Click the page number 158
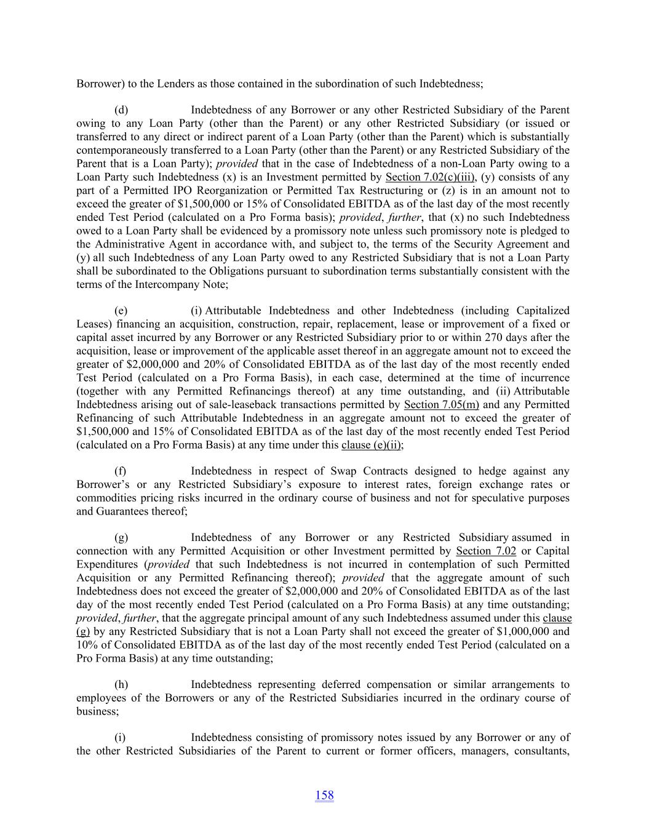point(324,795)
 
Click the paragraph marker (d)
point(121,110)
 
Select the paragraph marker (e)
point(121,311)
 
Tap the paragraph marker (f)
point(121,471)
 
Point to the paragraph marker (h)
point(121,685)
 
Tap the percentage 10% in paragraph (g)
point(86,645)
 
